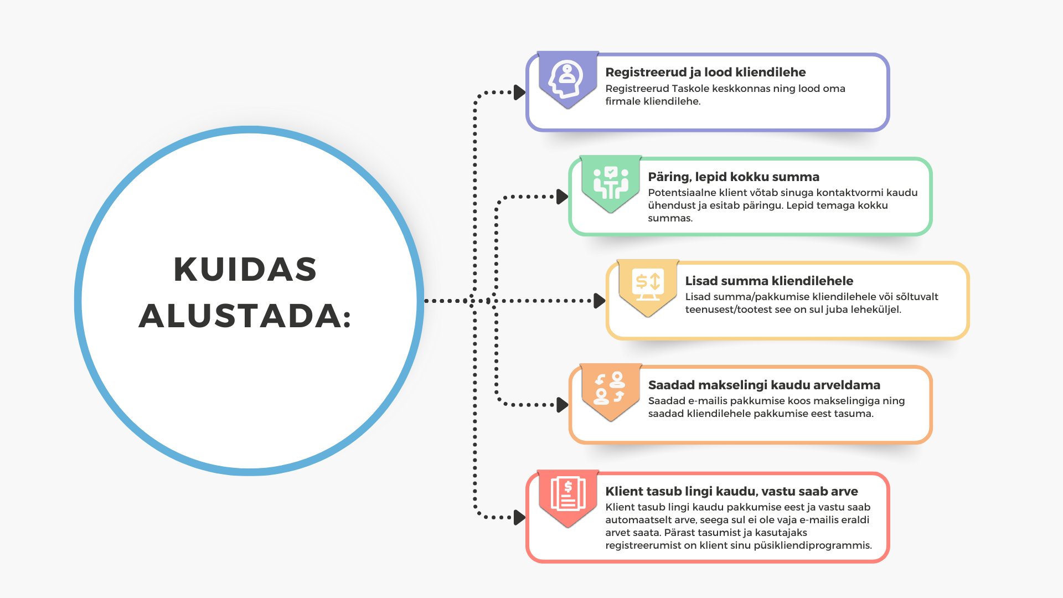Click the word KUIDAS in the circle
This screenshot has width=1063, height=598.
pyautogui.click(x=245, y=270)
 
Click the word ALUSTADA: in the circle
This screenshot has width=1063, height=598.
pyautogui.click(x=245, y=316)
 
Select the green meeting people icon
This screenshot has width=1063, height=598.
pyautogui.click(x=611, y=183)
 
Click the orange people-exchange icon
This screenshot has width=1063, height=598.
pyautogui.click(x=610, y=388)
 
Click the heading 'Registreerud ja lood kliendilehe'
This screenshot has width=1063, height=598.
pyautogui.click(x=705, y=73)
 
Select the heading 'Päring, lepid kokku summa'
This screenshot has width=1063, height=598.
pyautogui.click(x=734, y=177)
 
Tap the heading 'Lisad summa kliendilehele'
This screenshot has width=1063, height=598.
pyautogui.click(x=769, y=281)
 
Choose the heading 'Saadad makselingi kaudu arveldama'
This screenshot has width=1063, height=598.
pyautogui.click(x=764, y=385)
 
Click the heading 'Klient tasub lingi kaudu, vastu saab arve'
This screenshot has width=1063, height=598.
pyautogui.click(x=731, y=491)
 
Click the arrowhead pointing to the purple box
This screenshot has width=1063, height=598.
pyautogui.click(x=519, y=92)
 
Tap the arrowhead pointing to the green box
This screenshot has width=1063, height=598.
pyautogui.click(x=562, y=197)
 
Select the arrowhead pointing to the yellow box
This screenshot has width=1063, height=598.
pyautogui.click(x=599, y=301)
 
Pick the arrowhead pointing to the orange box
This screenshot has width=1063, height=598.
pyautogui.click(x=562, y=405)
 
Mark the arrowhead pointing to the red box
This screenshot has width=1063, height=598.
pyautogui.click(x=519, y=518)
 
